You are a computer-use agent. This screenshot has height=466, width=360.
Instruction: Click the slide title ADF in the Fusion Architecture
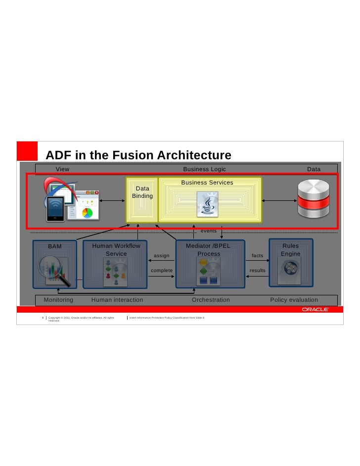click(x=138, y=155)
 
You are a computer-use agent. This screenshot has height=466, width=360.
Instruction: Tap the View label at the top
click(x=62, y=169)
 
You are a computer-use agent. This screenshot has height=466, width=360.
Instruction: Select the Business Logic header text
click(x=204, y=169)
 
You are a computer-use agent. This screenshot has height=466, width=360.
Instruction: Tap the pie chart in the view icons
click(x=87, y=213)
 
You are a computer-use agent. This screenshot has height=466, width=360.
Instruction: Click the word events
click(x=208, y=231)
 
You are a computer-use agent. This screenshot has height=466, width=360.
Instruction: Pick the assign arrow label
click(x=162, y=256)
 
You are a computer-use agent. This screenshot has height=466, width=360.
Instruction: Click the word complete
click(x=162, y=271)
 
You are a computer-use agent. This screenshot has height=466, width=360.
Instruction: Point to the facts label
click(x=258, y=256)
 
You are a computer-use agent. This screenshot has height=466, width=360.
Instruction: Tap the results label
click(x=258, y=271)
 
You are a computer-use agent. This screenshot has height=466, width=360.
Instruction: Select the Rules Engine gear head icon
click(x=290, y=270)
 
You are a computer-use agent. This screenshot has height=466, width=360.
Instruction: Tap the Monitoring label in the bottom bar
click(x=58, y=300)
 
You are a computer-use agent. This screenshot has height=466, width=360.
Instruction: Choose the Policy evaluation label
click(x=294, y=300)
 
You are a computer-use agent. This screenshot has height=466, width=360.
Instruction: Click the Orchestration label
click(x=211, y=300)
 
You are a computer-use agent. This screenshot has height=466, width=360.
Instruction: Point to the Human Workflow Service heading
click(x=116, y=250)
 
